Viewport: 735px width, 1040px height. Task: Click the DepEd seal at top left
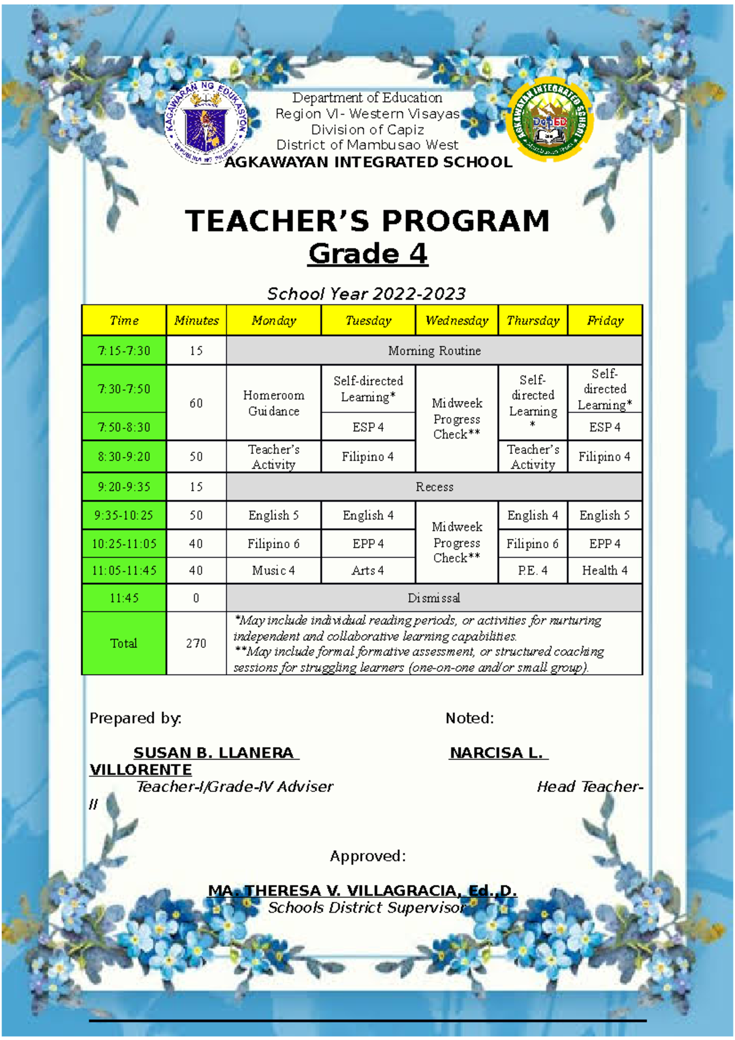pos(206,124)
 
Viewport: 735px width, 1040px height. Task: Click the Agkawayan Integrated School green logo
pos(551,121)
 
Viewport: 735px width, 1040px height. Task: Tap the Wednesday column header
pos(457,320)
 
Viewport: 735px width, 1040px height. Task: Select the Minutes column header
pos(196,320)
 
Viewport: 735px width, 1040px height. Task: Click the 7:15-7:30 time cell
pos(124,351)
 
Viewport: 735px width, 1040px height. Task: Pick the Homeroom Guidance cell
pos(273,403)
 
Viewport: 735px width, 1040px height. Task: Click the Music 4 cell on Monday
pos(273,570)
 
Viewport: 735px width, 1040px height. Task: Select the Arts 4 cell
pos(367,570)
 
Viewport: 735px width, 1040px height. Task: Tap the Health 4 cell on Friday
pos(605,570)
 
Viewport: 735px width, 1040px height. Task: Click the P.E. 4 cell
pos(532,570)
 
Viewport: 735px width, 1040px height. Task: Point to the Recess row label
pos(434,487)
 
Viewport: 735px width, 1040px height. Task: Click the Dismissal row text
pos(434,598)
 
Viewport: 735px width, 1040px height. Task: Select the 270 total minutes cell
pos(196,643)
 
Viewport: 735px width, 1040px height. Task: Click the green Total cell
pos(124,643)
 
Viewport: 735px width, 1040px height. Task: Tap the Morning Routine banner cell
pos(434,351)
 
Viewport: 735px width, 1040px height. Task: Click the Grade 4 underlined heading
pos(367,254)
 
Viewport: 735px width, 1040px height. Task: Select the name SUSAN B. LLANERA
pos(214,753)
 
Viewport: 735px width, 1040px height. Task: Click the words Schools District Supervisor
pos(366,908)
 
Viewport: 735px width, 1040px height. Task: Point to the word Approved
pos(367,856)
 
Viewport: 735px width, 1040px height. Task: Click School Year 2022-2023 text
pos(366,294)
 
